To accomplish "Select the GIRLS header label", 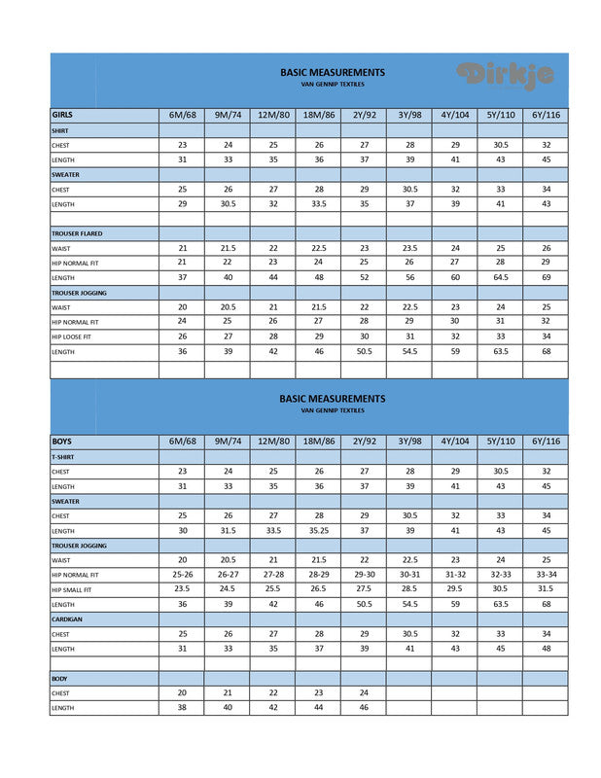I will (x=62, y=115).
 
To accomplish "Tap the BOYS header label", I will (x=61, y=442).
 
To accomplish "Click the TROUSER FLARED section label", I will (x=77, y=233).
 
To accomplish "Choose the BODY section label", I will (x=58, y=678).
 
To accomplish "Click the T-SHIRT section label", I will (x=63, y=456).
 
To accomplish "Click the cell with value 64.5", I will (x=500, y=277).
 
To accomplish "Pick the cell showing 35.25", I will (x=319, y=531).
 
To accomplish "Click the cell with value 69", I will (x=546, y=277).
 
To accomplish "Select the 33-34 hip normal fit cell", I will (x=546, y=575).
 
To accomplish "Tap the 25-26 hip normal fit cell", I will (x=182, y=575).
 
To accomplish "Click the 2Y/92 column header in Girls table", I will (x=364, y=115).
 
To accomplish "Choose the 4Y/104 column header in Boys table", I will (x=454, y=442).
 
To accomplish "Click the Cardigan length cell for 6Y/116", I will (x=546, y=649).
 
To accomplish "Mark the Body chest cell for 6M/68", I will (x=182, y=692).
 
